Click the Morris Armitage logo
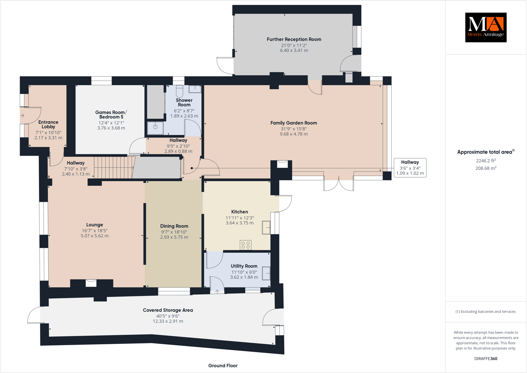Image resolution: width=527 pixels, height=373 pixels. (485, 28)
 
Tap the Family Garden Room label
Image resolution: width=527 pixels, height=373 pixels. (293, 123)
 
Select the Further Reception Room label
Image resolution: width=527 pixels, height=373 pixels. (294, 39)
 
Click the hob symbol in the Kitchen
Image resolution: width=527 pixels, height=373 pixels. (245, 245)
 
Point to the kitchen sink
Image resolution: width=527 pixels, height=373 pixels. (266, 228)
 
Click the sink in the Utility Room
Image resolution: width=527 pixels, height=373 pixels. (266, 273)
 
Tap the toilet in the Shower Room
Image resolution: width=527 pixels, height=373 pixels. (179, 91)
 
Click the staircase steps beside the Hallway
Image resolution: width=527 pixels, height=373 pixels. (114, 168)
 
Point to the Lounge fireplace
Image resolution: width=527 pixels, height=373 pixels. (91, 283)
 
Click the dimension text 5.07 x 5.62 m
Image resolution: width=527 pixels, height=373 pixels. (95, 236)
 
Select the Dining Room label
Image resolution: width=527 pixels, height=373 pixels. (174, 226)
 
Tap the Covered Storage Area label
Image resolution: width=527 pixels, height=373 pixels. (168, 310)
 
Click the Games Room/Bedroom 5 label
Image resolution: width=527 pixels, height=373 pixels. (111, 115)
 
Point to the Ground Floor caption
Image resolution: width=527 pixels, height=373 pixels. (223, 366)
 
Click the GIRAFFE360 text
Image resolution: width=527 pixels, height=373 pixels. (485, 358)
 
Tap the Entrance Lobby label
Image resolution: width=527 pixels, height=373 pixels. (48, 124)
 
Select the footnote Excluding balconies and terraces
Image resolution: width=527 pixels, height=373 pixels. (485, 312)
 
